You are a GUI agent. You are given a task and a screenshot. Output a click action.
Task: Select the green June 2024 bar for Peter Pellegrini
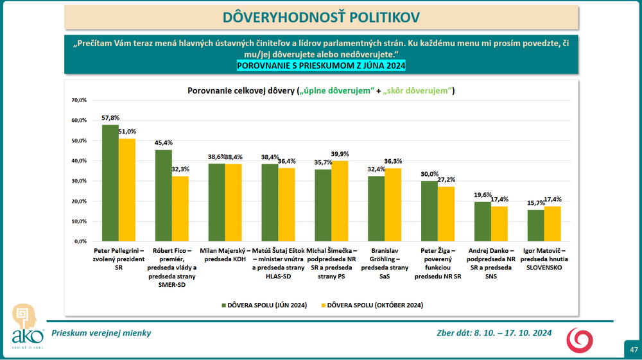click(x=110, y=183)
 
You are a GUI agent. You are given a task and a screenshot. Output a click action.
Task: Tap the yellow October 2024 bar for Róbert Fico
click(x=180, y=209)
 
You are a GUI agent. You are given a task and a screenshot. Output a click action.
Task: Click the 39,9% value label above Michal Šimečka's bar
click(x=340, y=154)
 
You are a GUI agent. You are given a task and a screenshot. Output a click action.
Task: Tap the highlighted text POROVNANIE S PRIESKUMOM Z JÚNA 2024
click(x=321, y=66)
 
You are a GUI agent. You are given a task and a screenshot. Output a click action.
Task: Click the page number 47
click(x=633, y=350)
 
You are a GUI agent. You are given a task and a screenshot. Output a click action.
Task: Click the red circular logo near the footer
click(x=580, y=339)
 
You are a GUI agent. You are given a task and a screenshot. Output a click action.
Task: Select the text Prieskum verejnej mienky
click(x=101, y=333)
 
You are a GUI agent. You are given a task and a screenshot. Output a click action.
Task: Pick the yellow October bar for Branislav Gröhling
click(x=393, y=205)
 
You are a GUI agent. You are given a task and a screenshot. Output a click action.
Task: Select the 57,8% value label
click(x=110, y=118)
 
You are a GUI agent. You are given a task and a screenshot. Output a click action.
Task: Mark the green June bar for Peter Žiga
click(x=429, y=211)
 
